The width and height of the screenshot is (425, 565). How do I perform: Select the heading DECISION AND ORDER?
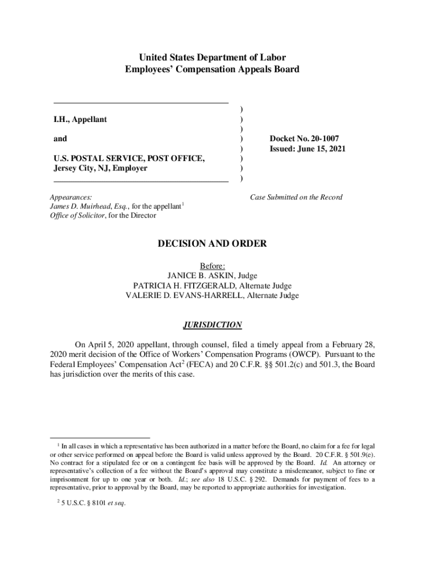pos(212,243)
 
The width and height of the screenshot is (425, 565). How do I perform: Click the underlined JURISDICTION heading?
pos(212,325)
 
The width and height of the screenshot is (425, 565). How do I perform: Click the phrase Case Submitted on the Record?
pos(296,197)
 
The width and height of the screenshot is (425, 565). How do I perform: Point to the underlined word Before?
pos(212,265)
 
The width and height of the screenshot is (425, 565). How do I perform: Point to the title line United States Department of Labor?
pos(212,57)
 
